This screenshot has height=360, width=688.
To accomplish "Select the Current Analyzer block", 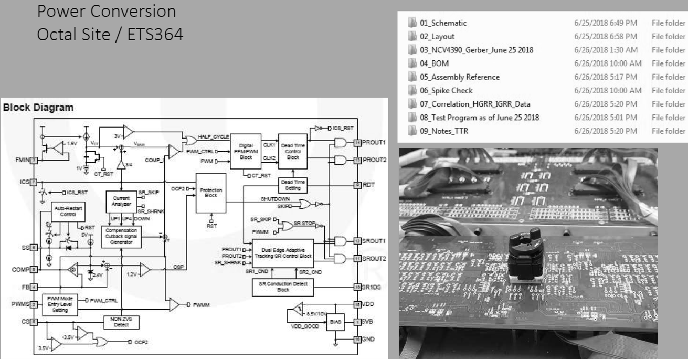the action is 121,200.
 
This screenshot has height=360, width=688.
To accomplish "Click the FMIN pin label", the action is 21,160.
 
